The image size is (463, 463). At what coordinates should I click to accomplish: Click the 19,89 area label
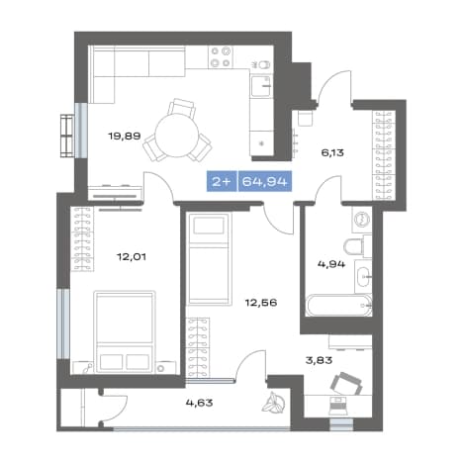point(125,136)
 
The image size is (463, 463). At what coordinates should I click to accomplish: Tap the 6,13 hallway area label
point(332,152)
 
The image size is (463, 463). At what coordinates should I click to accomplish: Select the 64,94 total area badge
point(265,181)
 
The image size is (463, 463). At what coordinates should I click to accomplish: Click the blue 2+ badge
point(222,181)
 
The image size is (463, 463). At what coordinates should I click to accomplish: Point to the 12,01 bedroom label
point(132,256)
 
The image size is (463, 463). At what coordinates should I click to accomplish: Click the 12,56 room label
point(261,303)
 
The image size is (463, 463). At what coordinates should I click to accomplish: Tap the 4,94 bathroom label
point(331,264)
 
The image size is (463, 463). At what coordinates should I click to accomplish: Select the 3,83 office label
point(319,360)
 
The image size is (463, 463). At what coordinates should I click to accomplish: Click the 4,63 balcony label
point(199,403)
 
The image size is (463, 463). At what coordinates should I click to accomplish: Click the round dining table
point(177,136)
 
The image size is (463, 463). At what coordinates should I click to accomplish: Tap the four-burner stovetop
point(221,57)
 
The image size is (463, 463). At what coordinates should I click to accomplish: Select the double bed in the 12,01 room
point(125,331)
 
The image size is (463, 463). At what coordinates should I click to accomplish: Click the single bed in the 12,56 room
point(209,259)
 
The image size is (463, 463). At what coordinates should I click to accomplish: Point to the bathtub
point(338,306)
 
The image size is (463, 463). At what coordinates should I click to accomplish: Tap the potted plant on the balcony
point(273,403)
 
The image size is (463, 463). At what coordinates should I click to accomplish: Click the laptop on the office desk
point(339,406)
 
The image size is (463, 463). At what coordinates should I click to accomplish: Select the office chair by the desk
point(346,384)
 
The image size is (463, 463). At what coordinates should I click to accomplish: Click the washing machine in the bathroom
point(362,219)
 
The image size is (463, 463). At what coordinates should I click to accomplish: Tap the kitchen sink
point(261,86)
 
